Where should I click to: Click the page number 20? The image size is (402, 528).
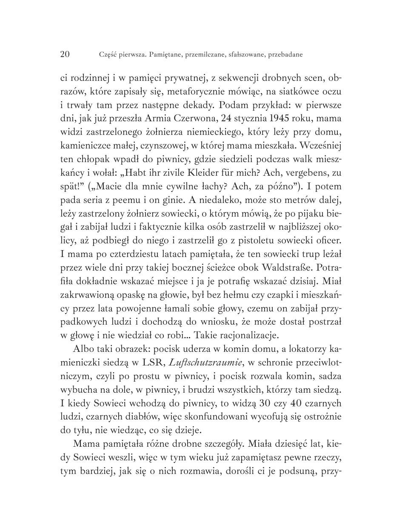[x=65, y=54]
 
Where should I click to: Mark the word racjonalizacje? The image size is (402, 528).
[x=249, y=335]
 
